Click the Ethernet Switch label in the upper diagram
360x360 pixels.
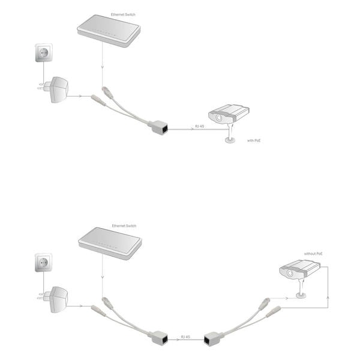[x=123, y=14]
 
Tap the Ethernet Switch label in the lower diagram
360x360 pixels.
[x=124, y=226]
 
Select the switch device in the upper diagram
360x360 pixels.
[x=109, y=31]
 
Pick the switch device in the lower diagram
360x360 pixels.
[x=110, y=244]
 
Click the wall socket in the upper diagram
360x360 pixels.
[x=44, y=53]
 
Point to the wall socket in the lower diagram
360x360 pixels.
[x=43, y=262]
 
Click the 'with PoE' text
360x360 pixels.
[x=254, y=140]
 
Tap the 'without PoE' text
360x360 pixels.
[x=313, y=254]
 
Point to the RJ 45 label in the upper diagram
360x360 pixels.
[x=200, y=126]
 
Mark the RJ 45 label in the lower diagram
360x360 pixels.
[x=185, y=337]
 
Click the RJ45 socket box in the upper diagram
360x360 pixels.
[x=159, y=127]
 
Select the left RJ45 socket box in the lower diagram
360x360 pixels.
[x=159, y=337]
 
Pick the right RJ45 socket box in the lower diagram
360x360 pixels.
[x=213, y=338]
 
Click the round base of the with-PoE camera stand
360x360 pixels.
[x=230, y=140]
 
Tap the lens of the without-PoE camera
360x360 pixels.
[x=290, y=273]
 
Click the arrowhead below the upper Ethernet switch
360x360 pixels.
[x=103, y=67]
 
